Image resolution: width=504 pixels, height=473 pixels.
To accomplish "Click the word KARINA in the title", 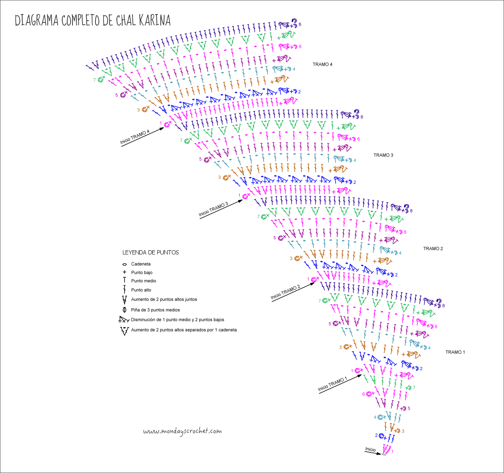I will coord(155,20).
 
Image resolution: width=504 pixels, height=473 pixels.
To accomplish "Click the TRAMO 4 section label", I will coord(322,64).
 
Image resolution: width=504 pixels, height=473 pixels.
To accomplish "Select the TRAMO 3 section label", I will coord(383,155).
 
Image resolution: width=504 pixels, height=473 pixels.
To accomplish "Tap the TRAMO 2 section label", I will coord(433,249).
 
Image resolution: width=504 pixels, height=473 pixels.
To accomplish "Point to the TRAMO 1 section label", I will coord(455,352).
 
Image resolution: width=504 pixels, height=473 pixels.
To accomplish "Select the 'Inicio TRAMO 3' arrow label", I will coord(213,209).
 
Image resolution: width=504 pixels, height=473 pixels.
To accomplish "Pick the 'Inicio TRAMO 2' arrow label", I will coord(285,292).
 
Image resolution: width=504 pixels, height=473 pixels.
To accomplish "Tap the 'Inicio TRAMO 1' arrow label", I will coord(333,384).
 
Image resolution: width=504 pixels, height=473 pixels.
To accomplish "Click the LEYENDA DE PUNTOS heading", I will coord(150,253).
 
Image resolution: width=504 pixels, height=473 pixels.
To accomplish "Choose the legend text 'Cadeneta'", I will coord(141,264).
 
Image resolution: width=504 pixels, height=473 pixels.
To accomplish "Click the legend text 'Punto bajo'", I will coord(142,272).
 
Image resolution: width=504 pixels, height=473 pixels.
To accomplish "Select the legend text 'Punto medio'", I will coord(144,281).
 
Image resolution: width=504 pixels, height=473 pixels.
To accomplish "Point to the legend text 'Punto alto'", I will coord(141,290).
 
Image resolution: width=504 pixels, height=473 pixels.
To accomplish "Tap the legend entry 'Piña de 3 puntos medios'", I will coord(155,310).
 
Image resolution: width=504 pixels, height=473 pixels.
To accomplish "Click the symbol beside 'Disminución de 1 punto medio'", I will coord(124,320).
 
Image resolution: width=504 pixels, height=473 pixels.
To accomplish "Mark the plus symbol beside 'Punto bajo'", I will coord(124,272).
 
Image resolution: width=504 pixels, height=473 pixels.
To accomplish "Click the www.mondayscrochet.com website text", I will coord(183,431).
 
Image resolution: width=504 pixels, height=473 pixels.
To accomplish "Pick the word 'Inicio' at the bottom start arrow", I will coord(370,449).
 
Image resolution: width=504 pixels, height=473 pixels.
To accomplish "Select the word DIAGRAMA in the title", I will coord(37,20).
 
